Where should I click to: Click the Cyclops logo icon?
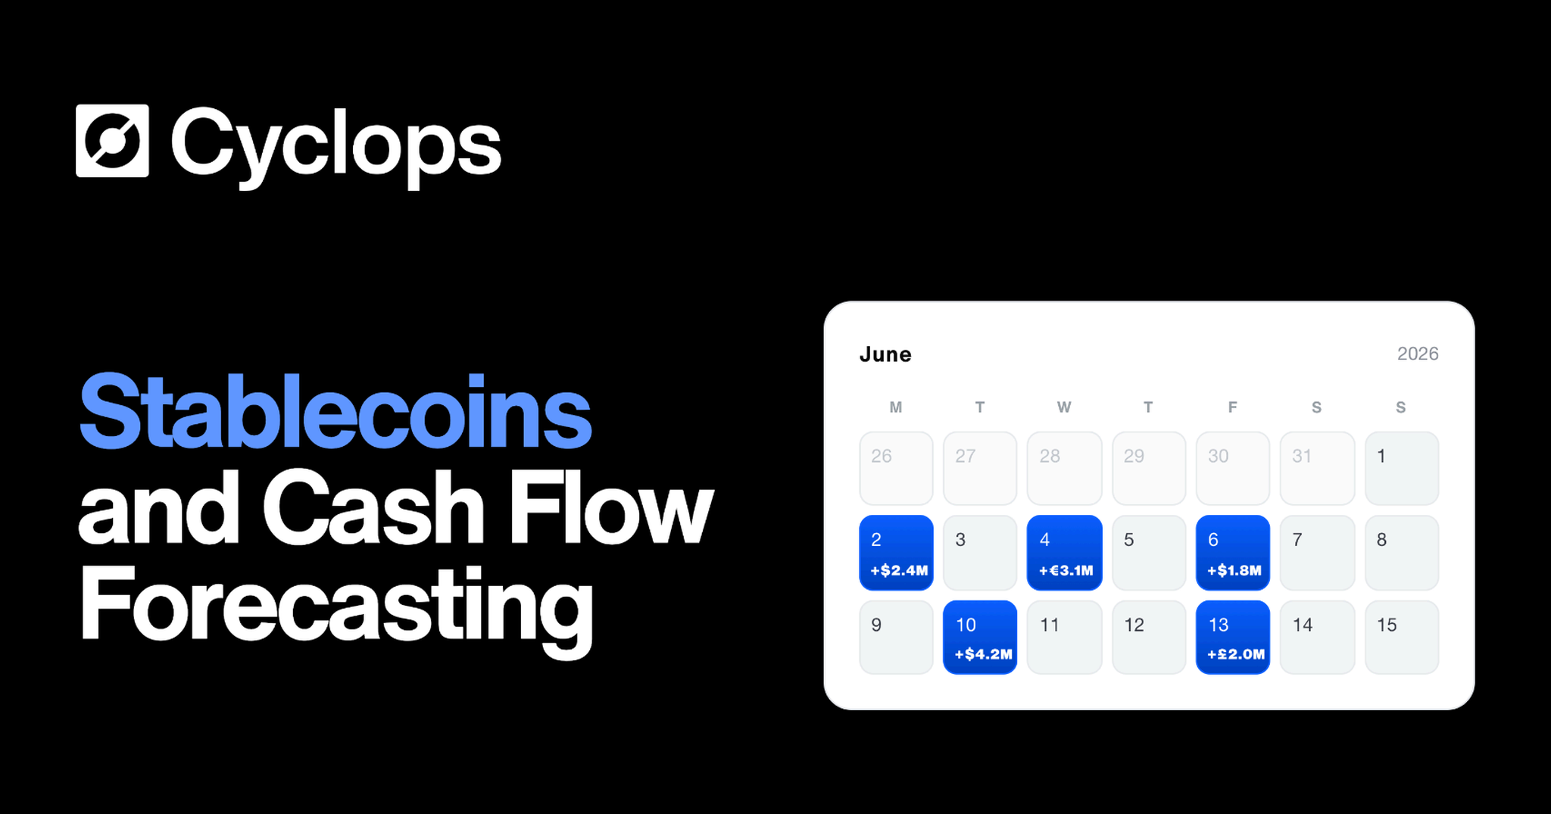coord(112,141)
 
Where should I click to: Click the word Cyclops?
coord(336,145)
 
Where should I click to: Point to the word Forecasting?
coord(336,609)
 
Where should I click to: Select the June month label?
coord(885,354)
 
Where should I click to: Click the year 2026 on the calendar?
coord(1418,354)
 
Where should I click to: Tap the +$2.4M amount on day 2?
coord(899,570)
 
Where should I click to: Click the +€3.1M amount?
coord(1066,570)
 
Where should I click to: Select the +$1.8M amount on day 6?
coord(1234,570)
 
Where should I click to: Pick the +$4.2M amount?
coord(983,653)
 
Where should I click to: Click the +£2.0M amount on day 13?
coord(1236,653)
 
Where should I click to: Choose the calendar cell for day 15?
coord(1402,637)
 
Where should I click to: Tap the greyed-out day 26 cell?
coord(896,468)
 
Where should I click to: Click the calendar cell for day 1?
coord(1402,468)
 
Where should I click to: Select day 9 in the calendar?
coord(896,637)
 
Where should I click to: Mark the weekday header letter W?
coord(1064,407)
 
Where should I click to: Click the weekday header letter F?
coord(1232,407)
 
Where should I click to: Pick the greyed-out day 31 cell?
coord(1317,468)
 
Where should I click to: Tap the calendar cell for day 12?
coord(1148,637)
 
